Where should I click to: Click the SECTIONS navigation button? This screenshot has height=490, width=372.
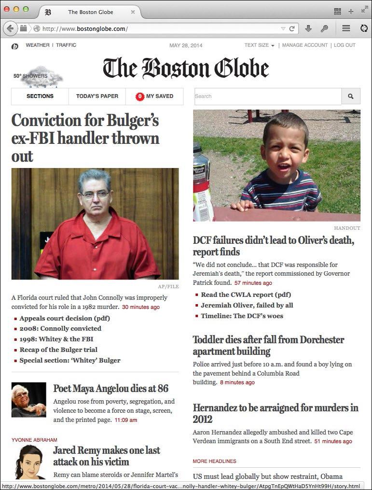(x=40, y=96)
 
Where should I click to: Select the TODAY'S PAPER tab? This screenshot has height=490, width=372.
(x=97, y=96)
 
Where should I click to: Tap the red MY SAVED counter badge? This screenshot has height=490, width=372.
(x=140, y=97)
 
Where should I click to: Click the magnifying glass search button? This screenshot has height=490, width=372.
(x=351, y=96)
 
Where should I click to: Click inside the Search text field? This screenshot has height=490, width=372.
(x=268, y=96)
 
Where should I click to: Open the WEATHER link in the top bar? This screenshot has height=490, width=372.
(x=37, y=45)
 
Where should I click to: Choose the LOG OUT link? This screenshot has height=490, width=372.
(x=344, y=45)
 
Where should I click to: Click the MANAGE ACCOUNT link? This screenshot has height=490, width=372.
(x=305, y=45)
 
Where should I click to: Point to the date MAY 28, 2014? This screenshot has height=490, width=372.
(x=186, y=45)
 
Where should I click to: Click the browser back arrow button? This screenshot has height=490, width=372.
(x=10, y=28)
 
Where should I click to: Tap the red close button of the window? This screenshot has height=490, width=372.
(x=7, y=9)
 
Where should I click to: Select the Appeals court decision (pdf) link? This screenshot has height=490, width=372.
(x=65, y=318)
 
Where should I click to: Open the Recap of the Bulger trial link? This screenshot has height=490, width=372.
(x=58, y=350)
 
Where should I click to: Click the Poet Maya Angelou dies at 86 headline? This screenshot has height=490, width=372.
(x=110, y=389)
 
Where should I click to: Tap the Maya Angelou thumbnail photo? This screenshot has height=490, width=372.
(x=28, y=400)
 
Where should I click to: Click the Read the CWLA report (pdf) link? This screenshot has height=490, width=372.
(x=246, y=294)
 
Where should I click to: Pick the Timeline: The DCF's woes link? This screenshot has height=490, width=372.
(x=242, y=316)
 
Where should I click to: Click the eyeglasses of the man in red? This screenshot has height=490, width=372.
(x=95, y=195)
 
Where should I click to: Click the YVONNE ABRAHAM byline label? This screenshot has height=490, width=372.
(x=34, y=440)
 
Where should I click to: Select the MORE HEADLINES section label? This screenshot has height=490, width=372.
(x=214, y=461)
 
